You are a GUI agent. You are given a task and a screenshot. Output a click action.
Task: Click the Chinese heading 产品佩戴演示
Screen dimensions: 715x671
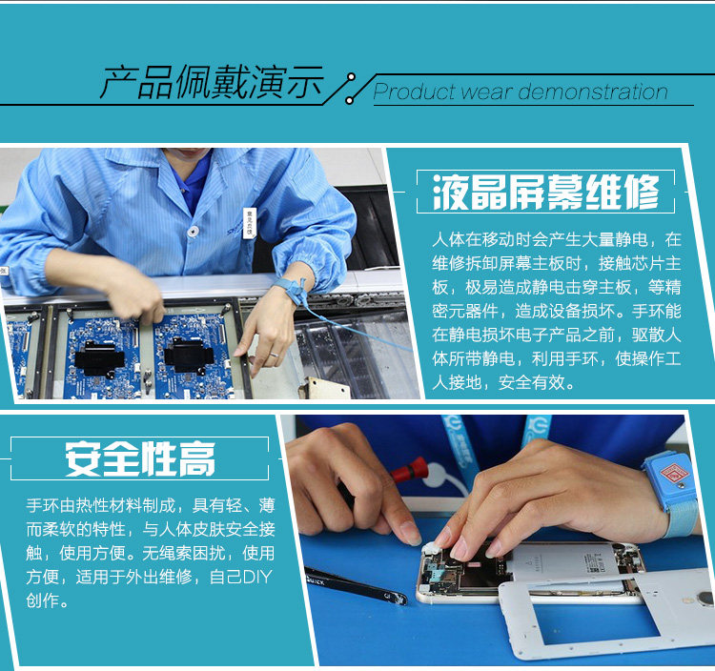212,82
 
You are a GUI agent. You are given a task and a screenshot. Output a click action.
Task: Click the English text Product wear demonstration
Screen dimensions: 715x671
521,91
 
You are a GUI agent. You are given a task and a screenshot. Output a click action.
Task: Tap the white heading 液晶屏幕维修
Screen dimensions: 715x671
546,192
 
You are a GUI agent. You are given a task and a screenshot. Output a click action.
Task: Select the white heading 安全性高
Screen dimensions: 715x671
139,458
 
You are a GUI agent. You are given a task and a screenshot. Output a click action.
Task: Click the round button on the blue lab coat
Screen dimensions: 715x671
194,232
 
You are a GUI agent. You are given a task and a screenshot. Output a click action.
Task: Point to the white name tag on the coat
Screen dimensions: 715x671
250,222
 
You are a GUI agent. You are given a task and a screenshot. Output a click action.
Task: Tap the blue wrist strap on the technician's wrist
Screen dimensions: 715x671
291,292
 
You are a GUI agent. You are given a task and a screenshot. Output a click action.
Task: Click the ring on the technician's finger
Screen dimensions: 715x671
274,354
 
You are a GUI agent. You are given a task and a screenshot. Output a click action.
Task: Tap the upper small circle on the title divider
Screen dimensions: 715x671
351,77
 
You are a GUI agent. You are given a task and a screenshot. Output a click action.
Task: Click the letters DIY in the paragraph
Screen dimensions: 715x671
256,577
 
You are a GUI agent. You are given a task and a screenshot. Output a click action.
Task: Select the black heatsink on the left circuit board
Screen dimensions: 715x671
98,357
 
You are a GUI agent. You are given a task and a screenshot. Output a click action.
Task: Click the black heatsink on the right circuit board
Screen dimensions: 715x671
188,355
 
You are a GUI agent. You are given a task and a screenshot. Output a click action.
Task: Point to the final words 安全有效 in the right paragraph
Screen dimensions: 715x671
532,382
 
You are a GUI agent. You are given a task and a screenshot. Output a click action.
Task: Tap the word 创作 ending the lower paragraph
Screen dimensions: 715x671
42,600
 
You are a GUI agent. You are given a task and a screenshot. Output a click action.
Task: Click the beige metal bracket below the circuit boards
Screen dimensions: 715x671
325,388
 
